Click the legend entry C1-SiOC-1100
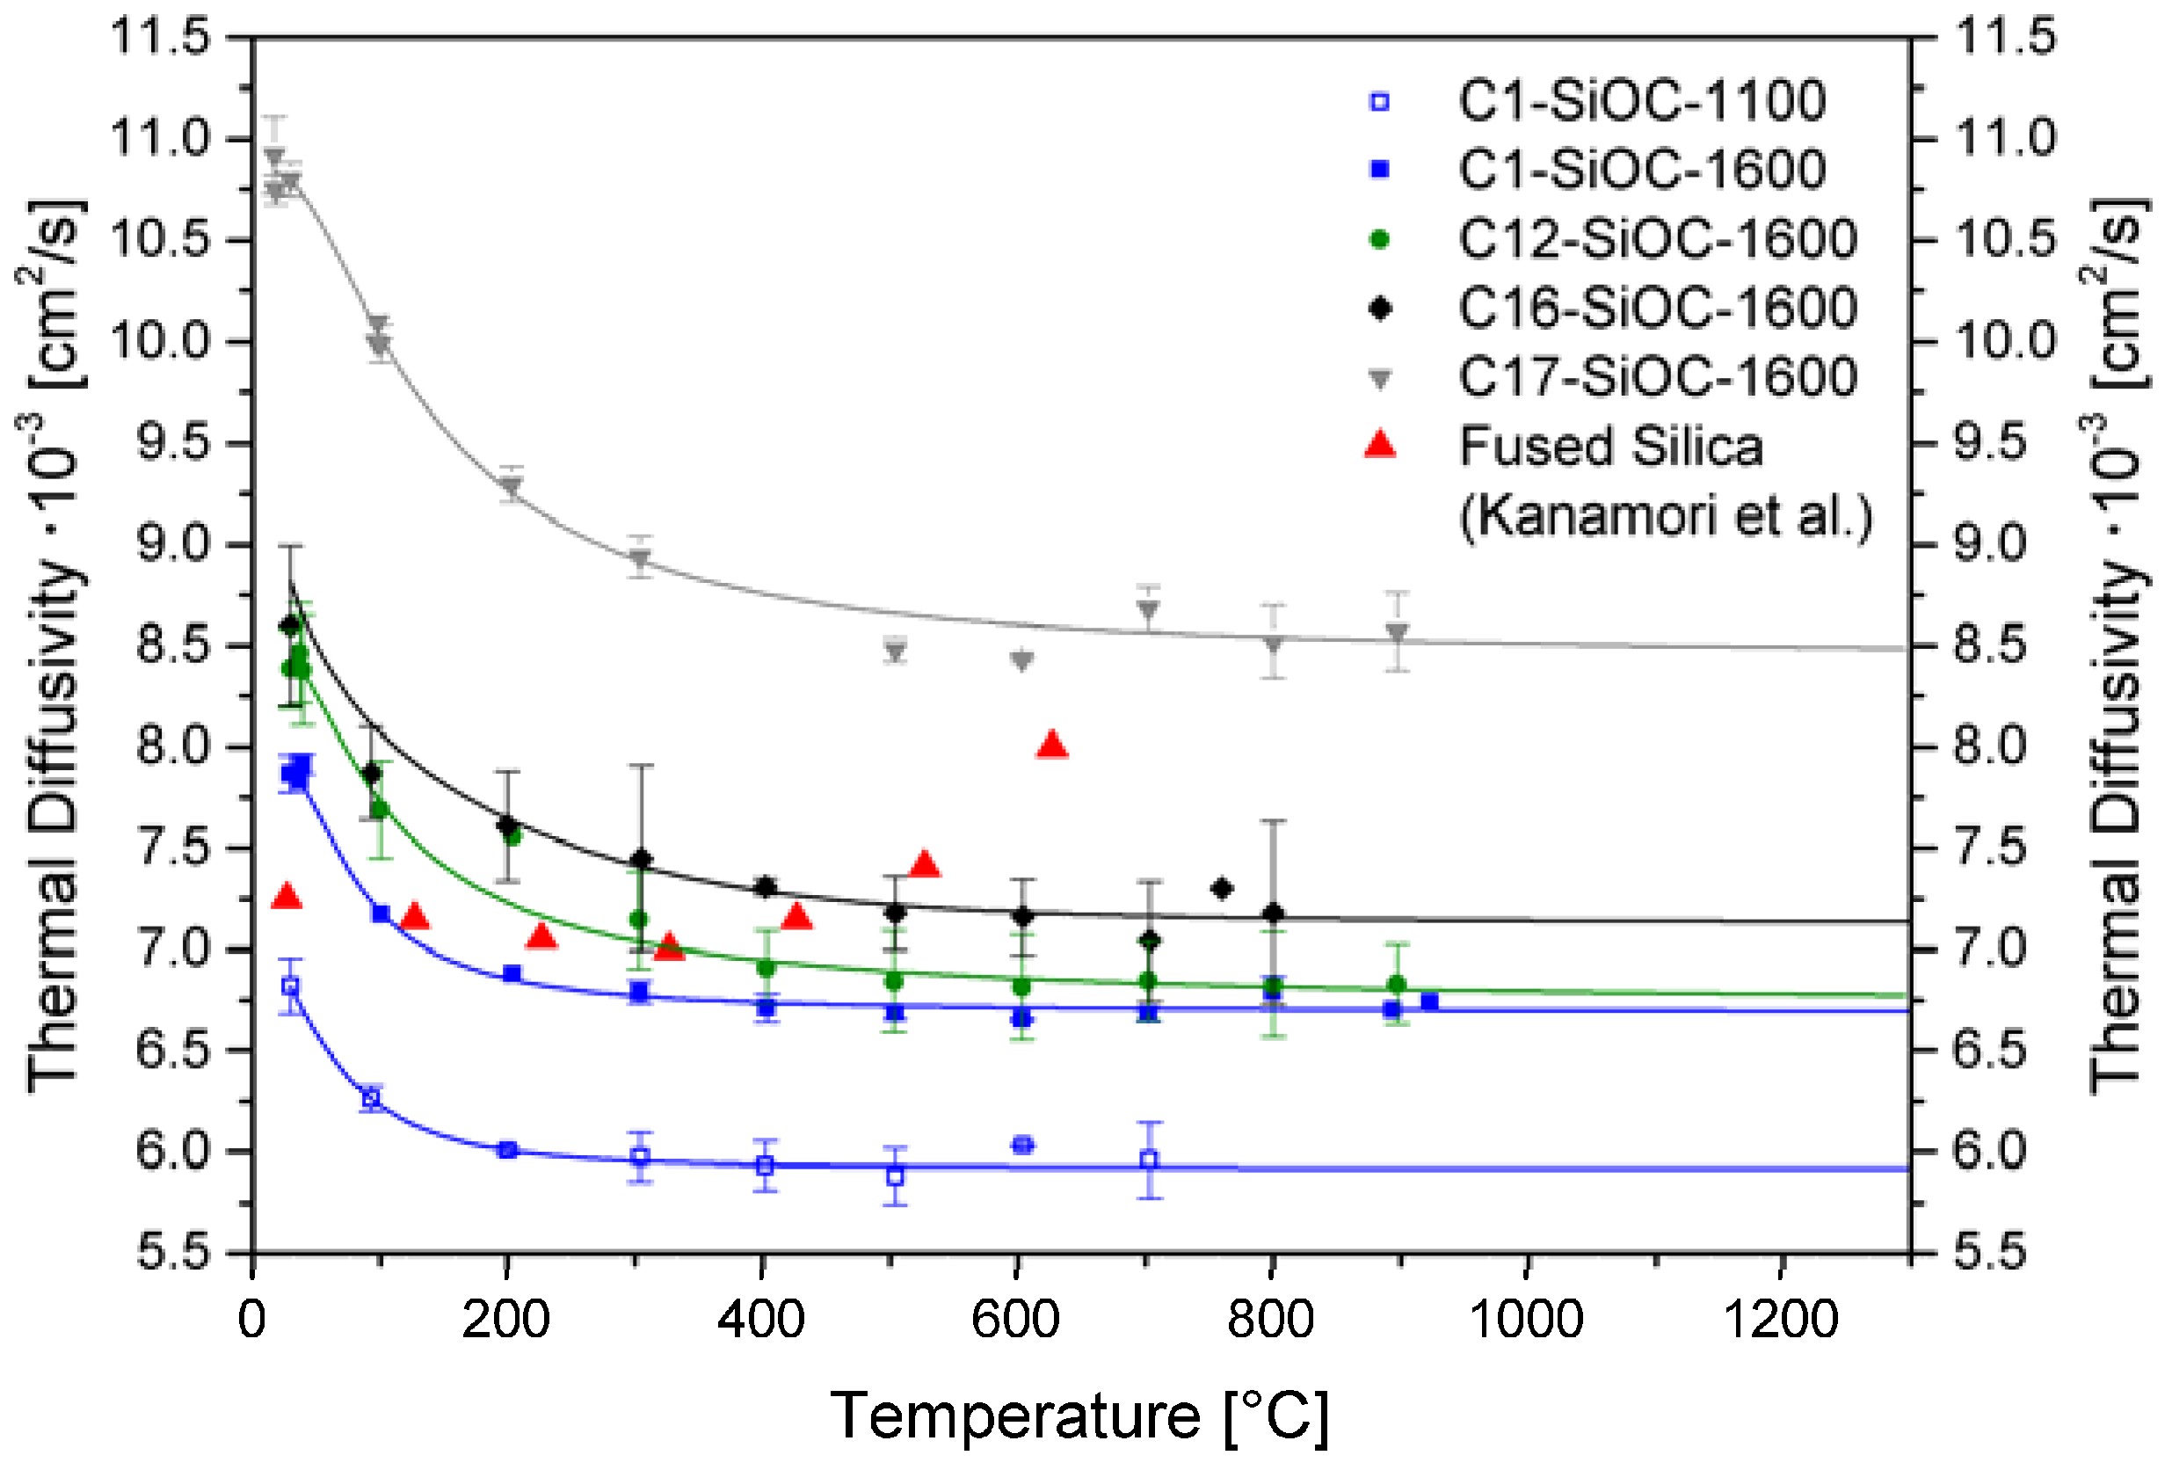tap(1640, 100)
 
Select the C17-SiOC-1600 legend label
tap(1656, 377)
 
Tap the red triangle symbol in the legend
tap(1380, 444)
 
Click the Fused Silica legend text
tap(1609, 447)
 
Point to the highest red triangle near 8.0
tap(1052, 745)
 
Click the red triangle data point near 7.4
tap(924, 863)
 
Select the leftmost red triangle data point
tap(287, 896)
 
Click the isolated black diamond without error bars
tap(1222, 889)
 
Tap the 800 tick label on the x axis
tap(1271, 1319)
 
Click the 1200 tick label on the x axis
tap(1780, 1319)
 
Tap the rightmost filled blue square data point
tap(1429, 1001)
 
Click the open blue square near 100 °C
tap(371, 1098)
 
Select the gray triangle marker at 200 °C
tap(511, 486)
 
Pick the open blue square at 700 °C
tap(1150, 1160)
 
